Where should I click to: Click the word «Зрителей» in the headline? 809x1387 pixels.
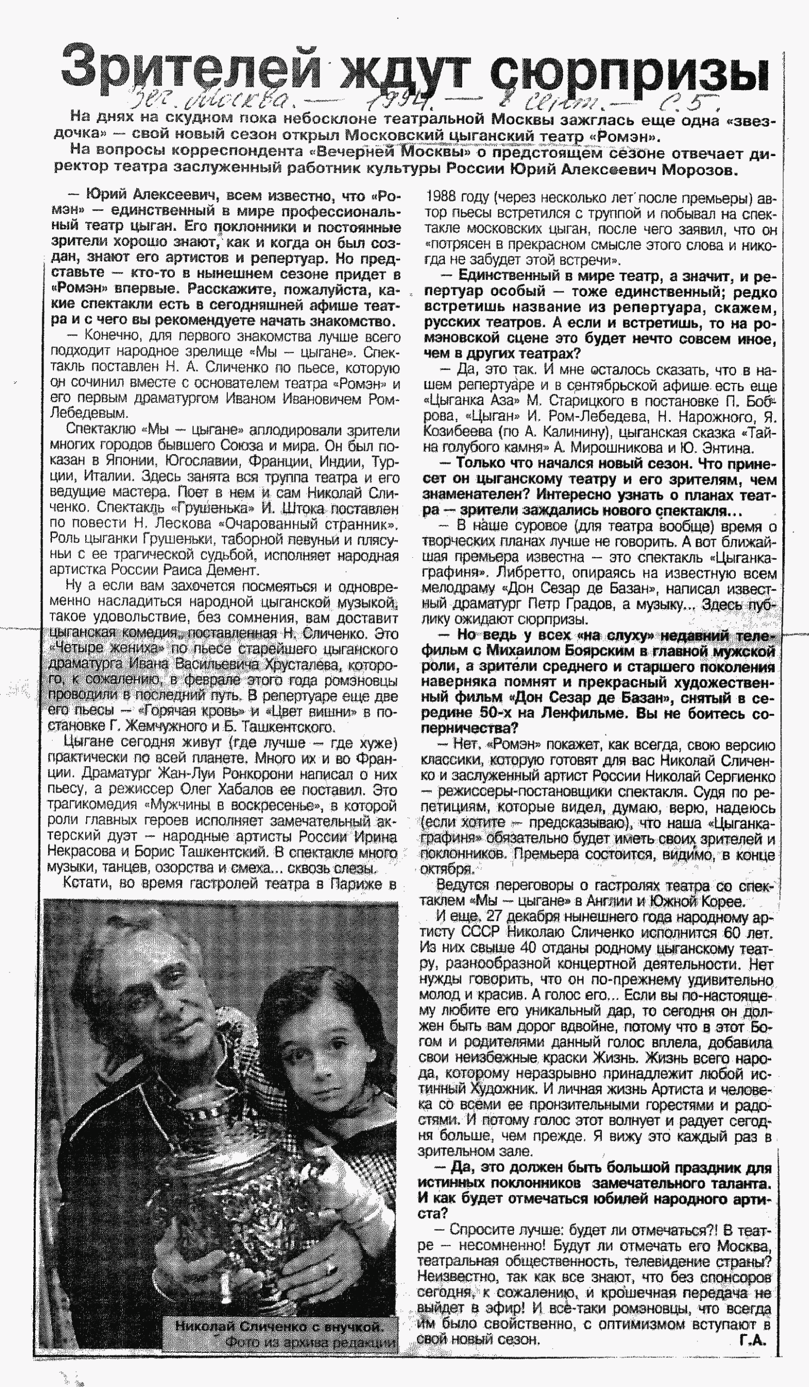(x=190, y=70)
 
